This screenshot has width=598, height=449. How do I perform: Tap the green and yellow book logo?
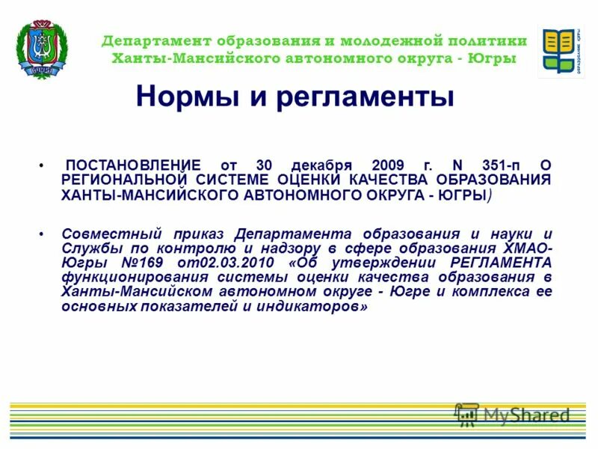coord(561,50)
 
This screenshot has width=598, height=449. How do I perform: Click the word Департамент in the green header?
coord(155,41)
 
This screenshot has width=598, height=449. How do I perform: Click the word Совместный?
coord(104,234)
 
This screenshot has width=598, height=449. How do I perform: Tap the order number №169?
coord(145,263)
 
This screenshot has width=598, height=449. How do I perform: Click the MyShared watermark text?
coord(526,415)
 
